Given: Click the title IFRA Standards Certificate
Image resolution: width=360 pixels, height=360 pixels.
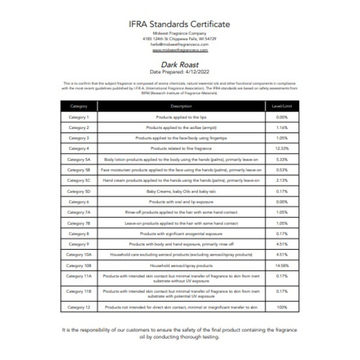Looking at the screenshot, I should click(x=180, y=24).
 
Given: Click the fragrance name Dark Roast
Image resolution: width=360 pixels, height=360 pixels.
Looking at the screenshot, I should click(x=180, y=64).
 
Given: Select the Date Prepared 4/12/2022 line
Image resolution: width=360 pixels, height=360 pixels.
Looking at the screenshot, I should click(x=180, y=72).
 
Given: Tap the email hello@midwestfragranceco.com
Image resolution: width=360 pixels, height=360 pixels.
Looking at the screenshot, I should click(x=180, y=44).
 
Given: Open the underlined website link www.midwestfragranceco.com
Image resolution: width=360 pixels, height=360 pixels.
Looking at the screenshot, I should click(x=180, y=50).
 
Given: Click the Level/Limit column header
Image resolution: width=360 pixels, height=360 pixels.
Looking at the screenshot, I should click(x=282, y=106).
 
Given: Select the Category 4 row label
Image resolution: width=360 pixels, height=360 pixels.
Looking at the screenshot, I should click(x=78, y=148).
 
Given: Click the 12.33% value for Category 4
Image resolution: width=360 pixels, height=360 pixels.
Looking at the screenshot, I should click(x=282, y=148).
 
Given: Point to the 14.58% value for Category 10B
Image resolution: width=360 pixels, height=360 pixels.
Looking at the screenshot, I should click(x=282, y=265).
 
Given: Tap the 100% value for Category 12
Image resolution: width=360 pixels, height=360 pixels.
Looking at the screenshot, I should click(x=282, y=307).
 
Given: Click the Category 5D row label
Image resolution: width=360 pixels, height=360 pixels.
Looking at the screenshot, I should click(x=78, y=191).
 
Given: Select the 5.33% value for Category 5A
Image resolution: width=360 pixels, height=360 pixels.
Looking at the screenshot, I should click(x=282, y=160).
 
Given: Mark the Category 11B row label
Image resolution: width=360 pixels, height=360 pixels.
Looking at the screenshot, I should click(x=78, y=292).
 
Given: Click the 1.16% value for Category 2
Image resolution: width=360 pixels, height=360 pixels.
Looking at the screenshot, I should click(x=282, y=128).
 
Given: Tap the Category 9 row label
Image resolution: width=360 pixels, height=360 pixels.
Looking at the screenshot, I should click(x=78, y=244).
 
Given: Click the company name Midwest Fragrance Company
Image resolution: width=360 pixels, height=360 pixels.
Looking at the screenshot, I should click(x=180, y=34).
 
